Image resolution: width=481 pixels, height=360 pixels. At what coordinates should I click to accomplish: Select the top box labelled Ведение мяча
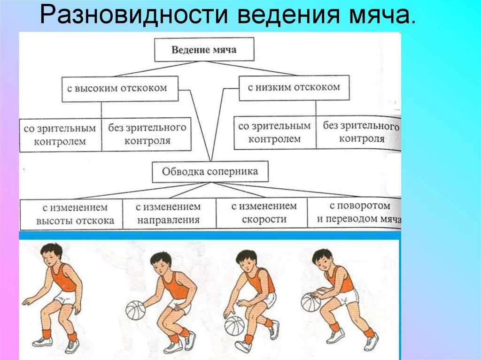click(x=204, y=49)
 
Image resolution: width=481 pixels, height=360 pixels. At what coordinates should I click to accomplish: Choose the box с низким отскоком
click(x=294, y=87)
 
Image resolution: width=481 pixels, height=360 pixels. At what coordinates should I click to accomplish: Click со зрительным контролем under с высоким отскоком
click(x=60, y=135)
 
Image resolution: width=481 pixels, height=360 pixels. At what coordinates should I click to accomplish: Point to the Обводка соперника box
click(x=210, y=172)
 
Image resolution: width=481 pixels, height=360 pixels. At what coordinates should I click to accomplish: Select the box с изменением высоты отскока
click(x=71, y=214)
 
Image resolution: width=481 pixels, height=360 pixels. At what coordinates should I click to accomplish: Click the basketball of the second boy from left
click(x=136, y=310)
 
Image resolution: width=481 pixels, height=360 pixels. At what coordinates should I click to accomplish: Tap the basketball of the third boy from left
click(x=234, y=325)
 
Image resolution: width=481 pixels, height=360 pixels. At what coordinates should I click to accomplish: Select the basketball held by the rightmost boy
click(x=311, y=302)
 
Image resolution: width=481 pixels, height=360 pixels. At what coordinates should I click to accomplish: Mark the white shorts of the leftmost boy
click(x=64, y=297)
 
